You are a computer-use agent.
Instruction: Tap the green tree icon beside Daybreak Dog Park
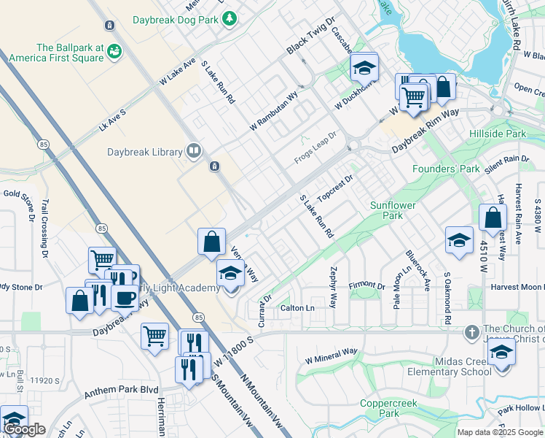[230, 17]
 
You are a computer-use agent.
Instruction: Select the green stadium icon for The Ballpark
[114, 51]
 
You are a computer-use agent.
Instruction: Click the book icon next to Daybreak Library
[194, 152]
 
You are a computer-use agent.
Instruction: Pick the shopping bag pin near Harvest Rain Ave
[493, 218]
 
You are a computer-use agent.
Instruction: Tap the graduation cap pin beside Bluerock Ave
[459, 240]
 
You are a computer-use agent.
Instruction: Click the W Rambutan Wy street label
[274, 111]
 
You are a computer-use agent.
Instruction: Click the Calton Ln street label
[297, 308]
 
